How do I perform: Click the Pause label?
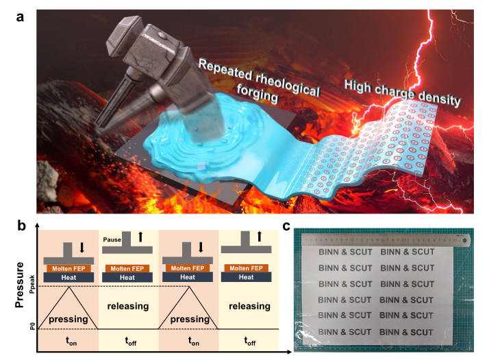point(112,240)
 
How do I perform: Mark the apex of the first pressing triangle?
point(68,286)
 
